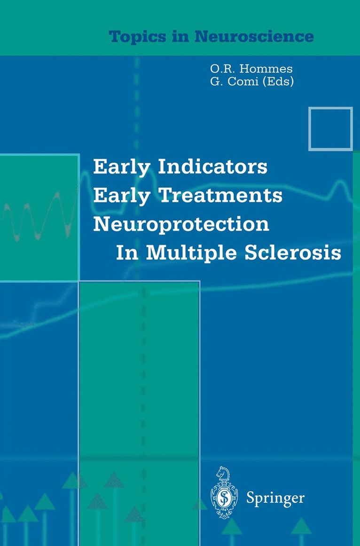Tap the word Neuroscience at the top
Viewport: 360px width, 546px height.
pos(254,36)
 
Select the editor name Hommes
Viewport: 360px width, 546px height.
pos(266,69)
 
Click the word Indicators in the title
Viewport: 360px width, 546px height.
pos(213,166)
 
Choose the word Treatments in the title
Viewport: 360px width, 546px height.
pos(221,195)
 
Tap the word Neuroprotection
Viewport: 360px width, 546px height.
pos(181,225)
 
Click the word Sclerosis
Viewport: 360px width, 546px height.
pos(293,253)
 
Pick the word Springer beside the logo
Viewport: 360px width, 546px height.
pos(275,499)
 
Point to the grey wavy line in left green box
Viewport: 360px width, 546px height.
pos(38,217)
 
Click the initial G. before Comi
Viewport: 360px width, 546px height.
pos(216,81)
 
